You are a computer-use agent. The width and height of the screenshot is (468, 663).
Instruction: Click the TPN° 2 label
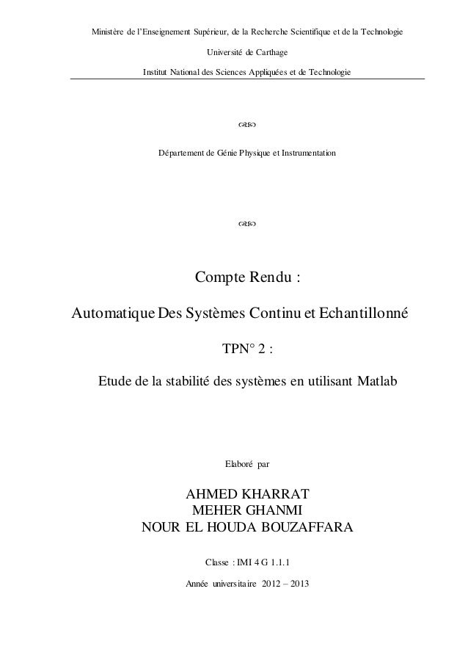[x=246, y=348]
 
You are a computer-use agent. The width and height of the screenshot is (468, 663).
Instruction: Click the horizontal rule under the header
[x=246, y=79]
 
